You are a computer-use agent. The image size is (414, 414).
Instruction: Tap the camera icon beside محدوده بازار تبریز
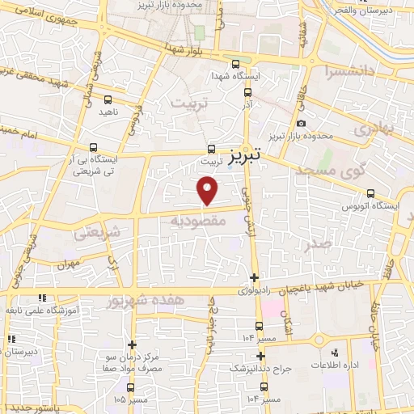[x=301, y=124]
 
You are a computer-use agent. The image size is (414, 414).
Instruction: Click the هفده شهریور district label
[x=146, y=301]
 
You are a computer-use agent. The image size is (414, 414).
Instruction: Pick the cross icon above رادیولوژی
[x=255, y=277]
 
